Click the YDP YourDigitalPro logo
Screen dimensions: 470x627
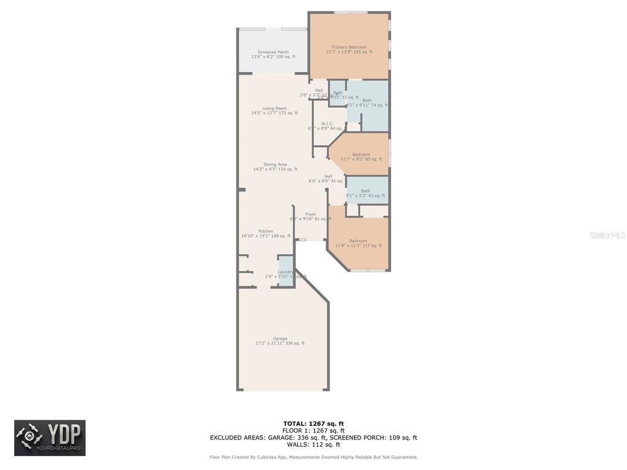point(50,438)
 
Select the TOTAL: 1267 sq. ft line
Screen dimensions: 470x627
point(313,423)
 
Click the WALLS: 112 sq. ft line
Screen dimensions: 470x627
point(313,445)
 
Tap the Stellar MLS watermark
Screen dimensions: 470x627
point(607,235)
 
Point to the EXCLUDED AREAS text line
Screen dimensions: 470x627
point(313,438)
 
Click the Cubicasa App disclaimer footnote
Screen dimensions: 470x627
point(313,457)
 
